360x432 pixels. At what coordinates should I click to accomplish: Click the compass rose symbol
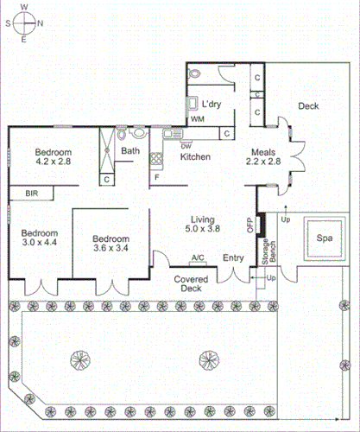coord(24,22)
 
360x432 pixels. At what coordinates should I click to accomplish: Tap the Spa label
coord(324,238)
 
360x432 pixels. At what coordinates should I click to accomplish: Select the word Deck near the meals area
coord(308,106)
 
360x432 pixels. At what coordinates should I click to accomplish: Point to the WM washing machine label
coord(198,118)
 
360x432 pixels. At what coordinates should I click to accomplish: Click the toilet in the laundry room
coord(196,74)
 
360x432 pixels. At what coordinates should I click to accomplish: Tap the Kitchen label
coord(195,156)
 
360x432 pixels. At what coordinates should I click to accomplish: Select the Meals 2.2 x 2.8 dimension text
coord(264,156)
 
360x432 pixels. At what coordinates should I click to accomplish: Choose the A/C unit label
coord(198,257)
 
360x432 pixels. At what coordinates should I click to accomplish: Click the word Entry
coord(234,257)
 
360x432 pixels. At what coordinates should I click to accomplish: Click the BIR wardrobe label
coord(32,193)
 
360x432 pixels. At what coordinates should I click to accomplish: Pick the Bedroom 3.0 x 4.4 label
coord(40,238)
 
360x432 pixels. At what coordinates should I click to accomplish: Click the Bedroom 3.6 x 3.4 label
coord(111,245)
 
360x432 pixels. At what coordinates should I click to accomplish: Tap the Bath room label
coord(130,152)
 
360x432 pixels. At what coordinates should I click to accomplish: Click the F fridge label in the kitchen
coord(156,178)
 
